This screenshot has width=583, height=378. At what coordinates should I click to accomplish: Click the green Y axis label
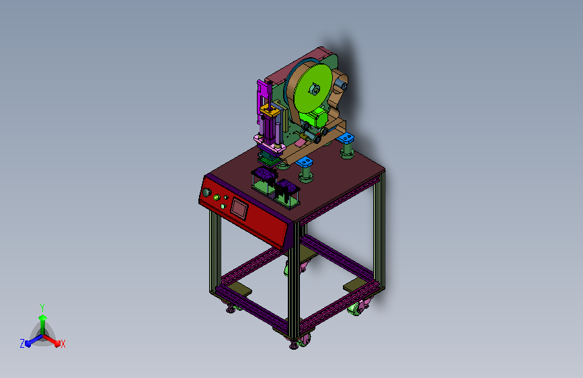(x=42, y=307)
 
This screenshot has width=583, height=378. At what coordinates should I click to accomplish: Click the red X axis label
(x=63, y=344)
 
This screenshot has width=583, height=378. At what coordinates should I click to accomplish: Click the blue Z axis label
(x=22, y=344)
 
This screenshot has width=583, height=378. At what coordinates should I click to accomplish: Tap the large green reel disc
(x=313, y=88)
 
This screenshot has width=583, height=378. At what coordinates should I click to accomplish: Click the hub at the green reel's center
(x=315, y=89)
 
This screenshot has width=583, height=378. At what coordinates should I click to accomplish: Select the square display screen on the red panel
(x=239, y=208)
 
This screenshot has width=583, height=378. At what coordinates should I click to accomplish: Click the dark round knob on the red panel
(x=206, y=193)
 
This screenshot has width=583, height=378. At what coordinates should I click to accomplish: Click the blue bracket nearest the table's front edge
(x=304, y=162)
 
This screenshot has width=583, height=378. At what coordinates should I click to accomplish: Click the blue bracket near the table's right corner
(x=346, y=138)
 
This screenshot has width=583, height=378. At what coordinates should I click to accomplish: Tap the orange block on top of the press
(x=270, y=110)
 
